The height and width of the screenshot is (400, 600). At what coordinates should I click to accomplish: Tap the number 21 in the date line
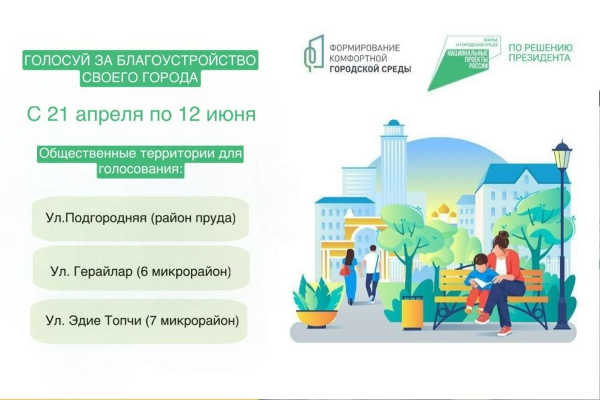coord(55,115)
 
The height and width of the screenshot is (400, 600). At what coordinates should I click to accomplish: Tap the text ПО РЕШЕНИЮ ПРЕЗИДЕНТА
coord(539,53)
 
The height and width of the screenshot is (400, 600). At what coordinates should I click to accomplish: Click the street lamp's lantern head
coord(562,156)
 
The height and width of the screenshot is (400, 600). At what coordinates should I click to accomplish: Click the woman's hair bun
coord(503,234)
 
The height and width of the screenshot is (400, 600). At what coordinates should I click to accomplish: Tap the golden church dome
coord(445,211)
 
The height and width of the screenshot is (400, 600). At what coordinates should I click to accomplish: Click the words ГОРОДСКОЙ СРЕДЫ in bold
coord(370,69)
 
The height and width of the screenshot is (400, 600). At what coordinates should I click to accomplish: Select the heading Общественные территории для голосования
coord(140,161)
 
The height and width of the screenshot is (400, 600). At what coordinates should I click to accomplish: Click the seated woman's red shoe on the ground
coord(504,331)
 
